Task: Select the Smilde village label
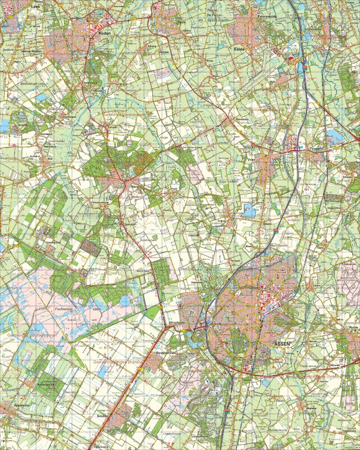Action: click(100, 414)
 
